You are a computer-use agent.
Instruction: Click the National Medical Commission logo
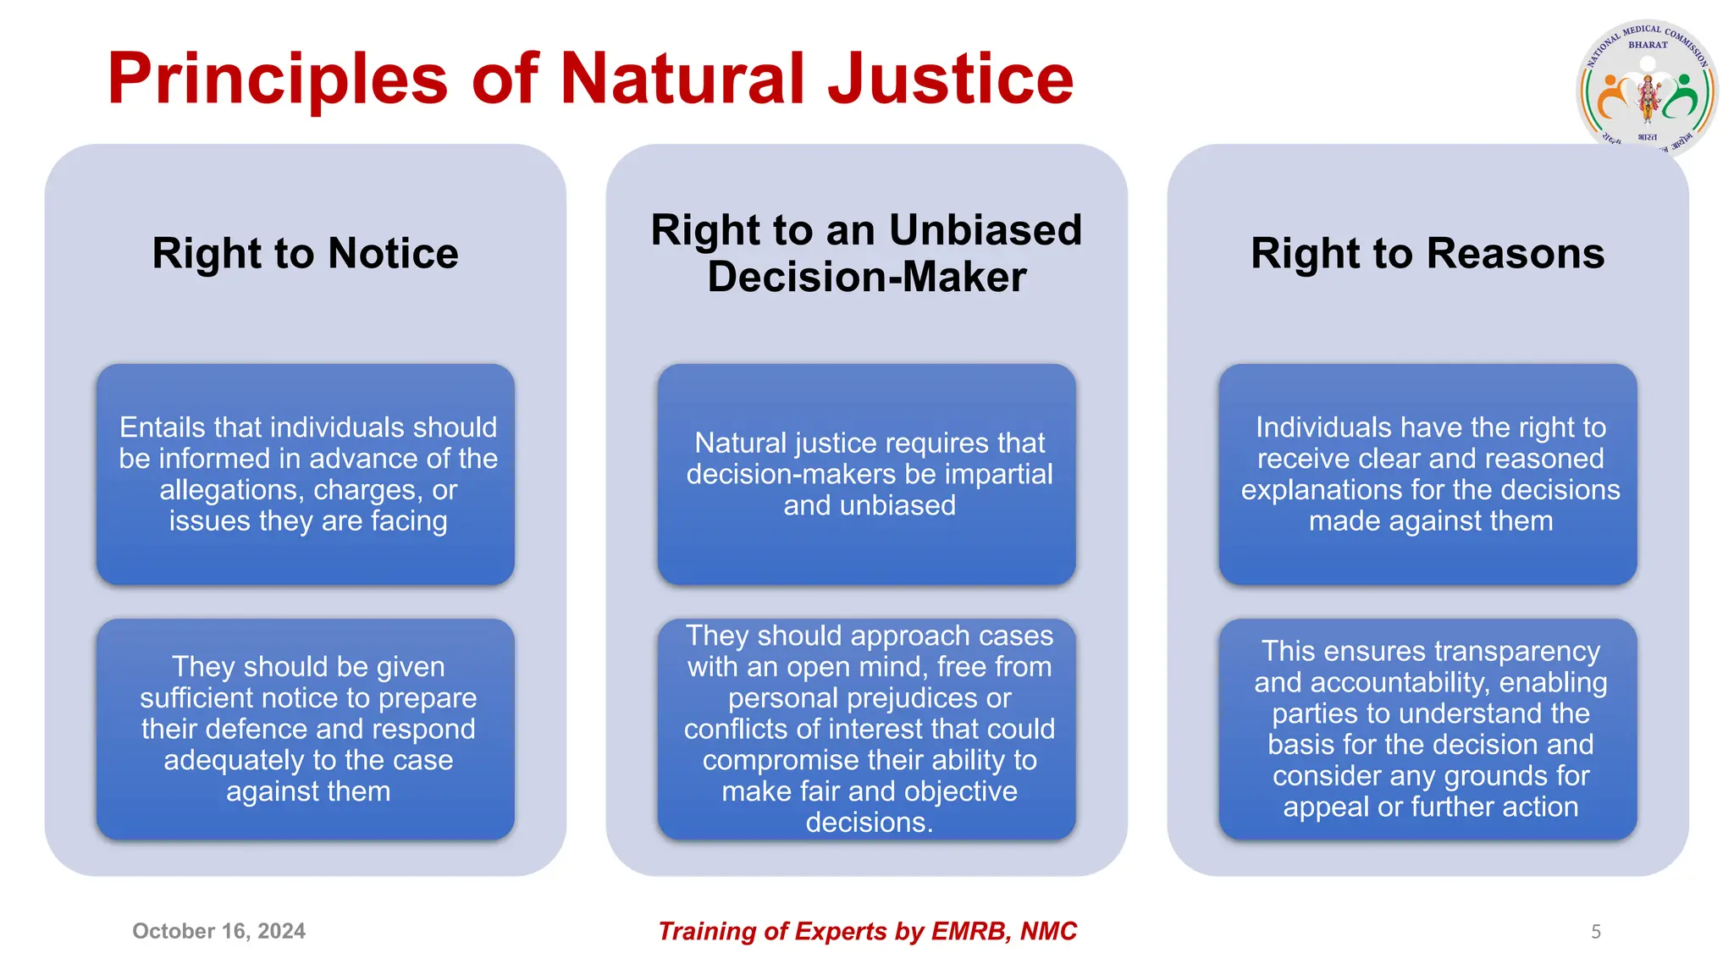pyautogui.click(x=1647, y=89)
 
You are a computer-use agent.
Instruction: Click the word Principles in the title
pyautogui.click(x=277, y=79)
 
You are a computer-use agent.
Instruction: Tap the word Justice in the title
pyautogui.click(x=950, y=79)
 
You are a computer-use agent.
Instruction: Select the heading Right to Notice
pyautogui.click(x=305, y=253)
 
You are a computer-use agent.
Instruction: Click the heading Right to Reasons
pyautogui.click(x=1428, y=253)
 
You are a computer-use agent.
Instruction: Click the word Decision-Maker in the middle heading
pyautogui.click(x=867, y=277)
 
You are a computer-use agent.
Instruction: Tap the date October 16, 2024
pyautogui.click(x=218, y=931)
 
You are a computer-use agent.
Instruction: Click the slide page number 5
pyautogui.click(x=1595, y=932)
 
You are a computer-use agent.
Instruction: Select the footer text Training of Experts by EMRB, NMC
pyautogui.click(x=867, y=931)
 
